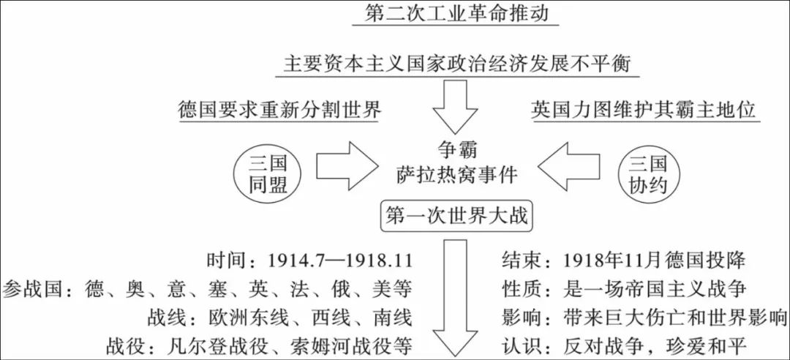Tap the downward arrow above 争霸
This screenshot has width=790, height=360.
pyautogui.click(x=459, y=107)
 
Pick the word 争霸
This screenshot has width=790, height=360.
pyautogui.click(x=459, y=150)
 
